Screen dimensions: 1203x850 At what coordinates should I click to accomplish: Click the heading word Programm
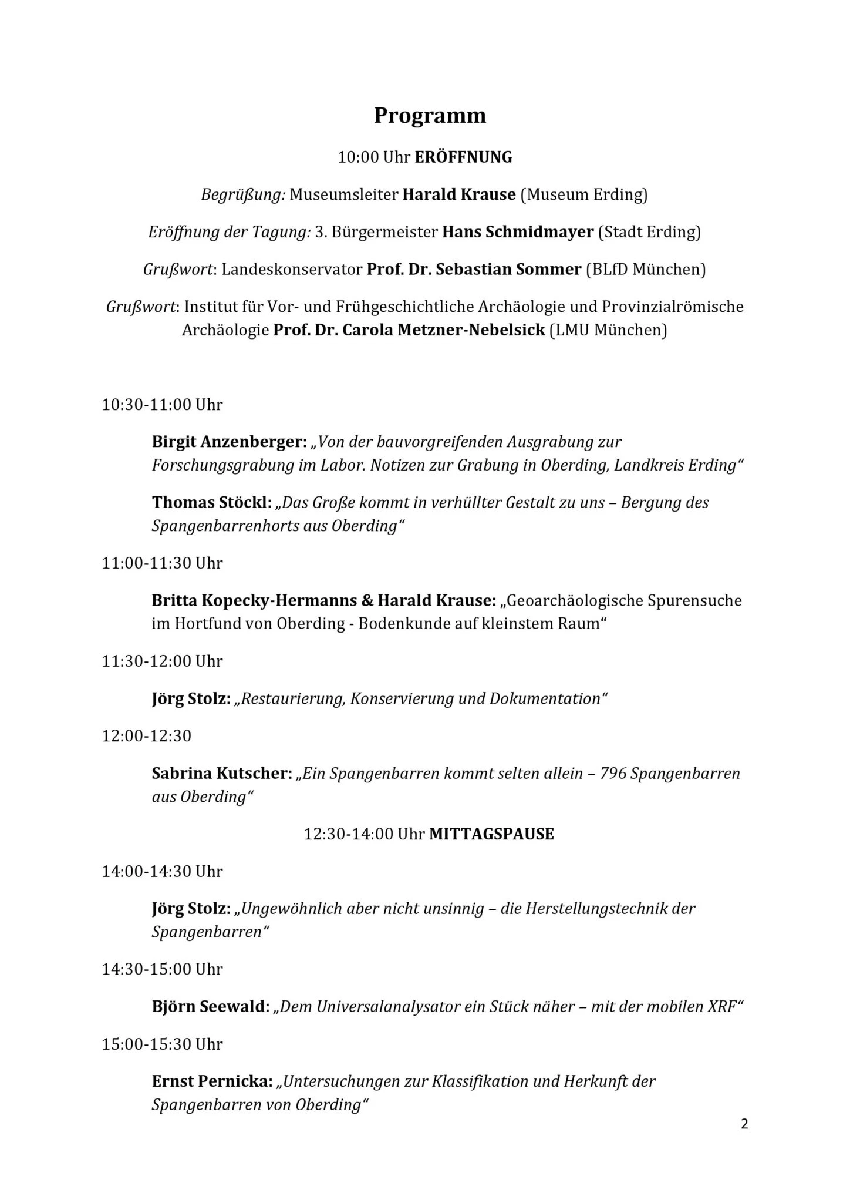coord(430,116)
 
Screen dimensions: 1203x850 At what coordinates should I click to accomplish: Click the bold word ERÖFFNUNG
coord(463,157)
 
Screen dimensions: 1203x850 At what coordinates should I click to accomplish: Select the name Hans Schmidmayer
coord(517,232)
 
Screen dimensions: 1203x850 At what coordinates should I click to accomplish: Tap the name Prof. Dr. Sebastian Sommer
coord(474,270)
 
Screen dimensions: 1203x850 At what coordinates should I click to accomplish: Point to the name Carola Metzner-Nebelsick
coord(443,330)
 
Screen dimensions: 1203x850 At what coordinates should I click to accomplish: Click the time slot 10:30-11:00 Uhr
coord(162,405)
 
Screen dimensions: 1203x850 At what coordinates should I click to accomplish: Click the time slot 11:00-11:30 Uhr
coord(162,563)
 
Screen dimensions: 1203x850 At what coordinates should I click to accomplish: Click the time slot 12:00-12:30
coord(146,736)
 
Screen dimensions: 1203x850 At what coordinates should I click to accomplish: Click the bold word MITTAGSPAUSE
coord(491,834)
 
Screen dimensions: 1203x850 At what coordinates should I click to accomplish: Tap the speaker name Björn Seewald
coord(211,1007)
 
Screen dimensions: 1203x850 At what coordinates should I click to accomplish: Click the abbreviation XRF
coord(720,1007)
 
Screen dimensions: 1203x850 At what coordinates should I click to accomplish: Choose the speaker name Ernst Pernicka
coord(212,1081)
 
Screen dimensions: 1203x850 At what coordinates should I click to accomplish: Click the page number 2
coord(744,1125)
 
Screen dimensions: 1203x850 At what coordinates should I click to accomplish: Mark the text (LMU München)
coord(608,330)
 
